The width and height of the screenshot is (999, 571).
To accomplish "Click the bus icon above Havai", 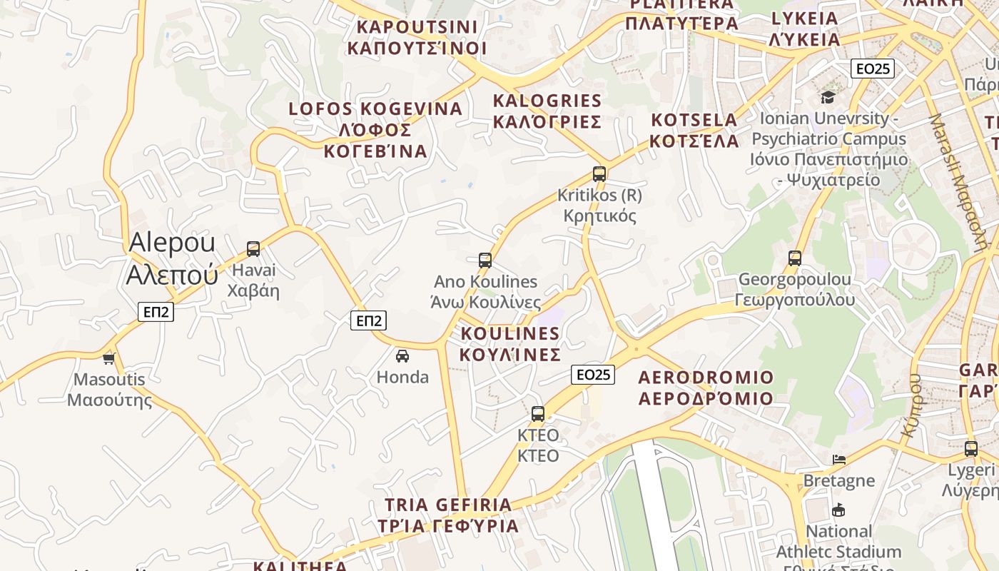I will (253, 249).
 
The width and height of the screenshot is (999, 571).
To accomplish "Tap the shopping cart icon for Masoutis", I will (109, 358).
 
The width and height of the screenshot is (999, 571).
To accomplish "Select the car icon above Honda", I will (402, 355).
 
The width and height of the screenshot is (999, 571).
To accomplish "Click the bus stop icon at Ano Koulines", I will (485, 261).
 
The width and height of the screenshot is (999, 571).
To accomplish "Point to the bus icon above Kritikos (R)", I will (599, 173).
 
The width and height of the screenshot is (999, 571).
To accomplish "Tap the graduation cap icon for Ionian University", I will (828, 97).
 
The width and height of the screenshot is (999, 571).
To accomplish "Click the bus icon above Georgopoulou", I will (795, 258).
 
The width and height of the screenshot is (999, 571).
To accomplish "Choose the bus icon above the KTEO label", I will (538, 414).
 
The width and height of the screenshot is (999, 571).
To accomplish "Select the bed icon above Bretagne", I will (839, 460).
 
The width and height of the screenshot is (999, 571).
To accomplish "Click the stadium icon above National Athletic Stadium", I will (838, 510).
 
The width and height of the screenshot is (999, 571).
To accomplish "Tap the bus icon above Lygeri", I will (971, 449).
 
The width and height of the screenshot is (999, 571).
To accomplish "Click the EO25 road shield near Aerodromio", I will (593, 375).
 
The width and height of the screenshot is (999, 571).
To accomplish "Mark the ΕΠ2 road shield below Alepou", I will (156, 312).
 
